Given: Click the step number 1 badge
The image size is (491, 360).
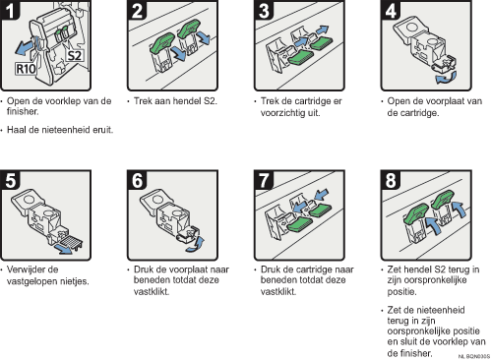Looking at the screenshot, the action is click(x=10, y=10).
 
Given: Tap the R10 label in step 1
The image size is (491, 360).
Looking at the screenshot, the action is click(x=26, y=69).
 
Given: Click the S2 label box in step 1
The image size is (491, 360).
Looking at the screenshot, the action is click(x=75, y=55).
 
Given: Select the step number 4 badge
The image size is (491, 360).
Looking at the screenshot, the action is click(x=391, y=10).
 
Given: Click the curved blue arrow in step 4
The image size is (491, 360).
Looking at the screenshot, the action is click(x=446, y=78).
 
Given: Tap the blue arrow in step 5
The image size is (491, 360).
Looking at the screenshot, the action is click(x=63, y=249).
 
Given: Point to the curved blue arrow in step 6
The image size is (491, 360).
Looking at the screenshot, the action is click(x=196, y=245).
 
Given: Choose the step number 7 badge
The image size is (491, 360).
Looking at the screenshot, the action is click(x=264, y=180).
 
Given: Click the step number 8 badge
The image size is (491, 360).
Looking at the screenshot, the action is click(x=391, y=180).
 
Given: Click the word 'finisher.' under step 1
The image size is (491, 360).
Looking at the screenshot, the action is click(x=23, y=111).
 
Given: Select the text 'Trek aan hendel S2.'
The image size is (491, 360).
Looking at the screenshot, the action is click(x=175, y=101).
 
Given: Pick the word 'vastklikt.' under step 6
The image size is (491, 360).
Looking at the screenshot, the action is click(x=152, y=291).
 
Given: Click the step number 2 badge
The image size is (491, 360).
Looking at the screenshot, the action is click(x=137, y=10).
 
